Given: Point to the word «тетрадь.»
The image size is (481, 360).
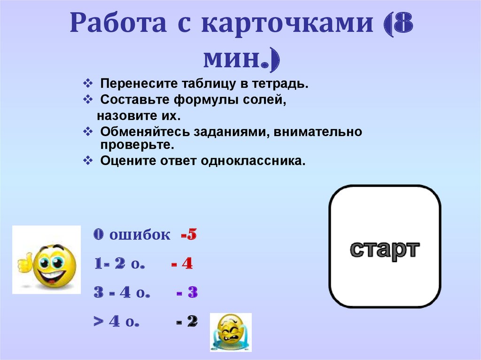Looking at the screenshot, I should pos(282,84).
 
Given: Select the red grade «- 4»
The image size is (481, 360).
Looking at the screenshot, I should pos(182,264).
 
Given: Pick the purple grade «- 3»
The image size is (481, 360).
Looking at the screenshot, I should pos(187,293).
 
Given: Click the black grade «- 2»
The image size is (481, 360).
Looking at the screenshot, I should pos(187,322).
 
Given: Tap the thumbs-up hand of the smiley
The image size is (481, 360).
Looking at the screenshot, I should pos(23,263).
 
